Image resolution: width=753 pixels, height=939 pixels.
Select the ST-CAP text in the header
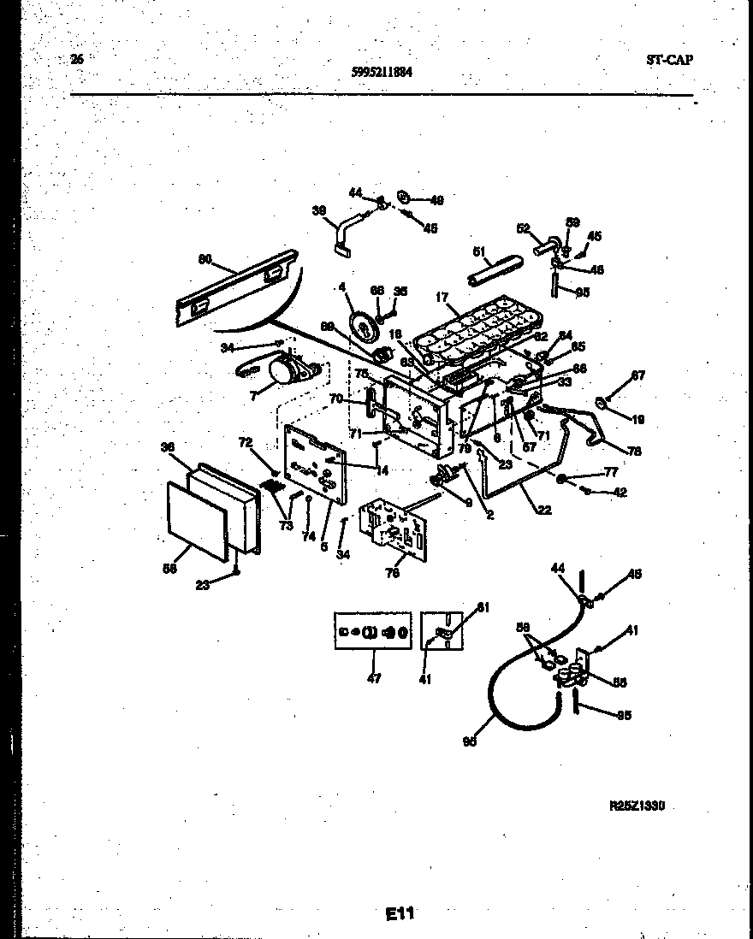(669, 59)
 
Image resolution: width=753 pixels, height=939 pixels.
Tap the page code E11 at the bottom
(399, 913)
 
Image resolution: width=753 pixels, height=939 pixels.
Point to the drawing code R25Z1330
(637, 805)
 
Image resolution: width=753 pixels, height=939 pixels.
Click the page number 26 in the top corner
(77, 59)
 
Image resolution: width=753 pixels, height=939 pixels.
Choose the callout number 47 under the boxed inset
(374, 678)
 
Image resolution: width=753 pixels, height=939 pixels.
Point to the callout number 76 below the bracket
(392, 574)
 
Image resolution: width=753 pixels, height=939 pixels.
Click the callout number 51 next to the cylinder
(480, 251)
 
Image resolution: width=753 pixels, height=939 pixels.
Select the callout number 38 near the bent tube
(318, 211)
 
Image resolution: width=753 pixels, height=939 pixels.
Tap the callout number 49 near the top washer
(436, 200)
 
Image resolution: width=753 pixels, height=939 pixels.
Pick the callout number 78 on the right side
(634, 451)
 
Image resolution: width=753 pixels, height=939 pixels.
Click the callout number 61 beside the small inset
(483, 607)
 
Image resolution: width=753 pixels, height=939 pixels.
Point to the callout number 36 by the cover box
(168, 446)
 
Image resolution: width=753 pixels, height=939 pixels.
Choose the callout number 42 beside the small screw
(620, 492)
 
